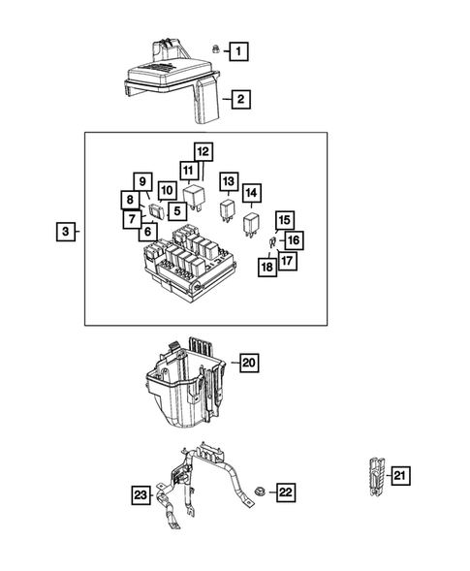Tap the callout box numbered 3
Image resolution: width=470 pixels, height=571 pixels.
(x=65, y=233)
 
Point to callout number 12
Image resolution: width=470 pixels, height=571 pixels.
(x=203, y=151)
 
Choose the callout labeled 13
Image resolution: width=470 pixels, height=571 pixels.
(x=229, y=181)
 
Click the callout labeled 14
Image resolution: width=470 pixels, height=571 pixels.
(x=252, y=192)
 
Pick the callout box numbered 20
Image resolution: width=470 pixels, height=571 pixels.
(x=248, y=363)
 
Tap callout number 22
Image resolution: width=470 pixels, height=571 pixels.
(x=285, y=492)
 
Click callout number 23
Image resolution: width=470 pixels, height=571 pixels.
(x=141, y=495)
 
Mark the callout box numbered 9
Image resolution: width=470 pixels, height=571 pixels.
(x=141, y=181)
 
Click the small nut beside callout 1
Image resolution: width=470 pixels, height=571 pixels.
(x=212, y=48)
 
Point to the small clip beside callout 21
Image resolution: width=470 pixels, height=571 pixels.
(x=374, y=474)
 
